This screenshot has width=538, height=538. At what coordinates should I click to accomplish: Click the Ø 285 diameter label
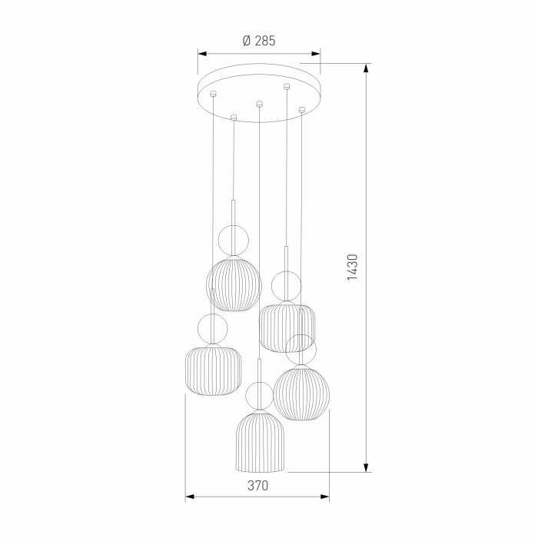pos(259,41)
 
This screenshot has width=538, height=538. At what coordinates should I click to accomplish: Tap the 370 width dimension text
pos(257,486)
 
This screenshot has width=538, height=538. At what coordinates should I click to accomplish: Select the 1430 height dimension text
pos(352,267)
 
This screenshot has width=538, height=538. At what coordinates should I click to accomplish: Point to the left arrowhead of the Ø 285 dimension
pos(202,54)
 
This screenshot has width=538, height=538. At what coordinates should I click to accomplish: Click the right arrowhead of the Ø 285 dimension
pos(316,54)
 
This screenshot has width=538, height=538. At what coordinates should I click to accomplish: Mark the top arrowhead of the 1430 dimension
pos(367,68)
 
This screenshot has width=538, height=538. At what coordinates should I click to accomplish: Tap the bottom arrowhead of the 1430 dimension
pos(367,467)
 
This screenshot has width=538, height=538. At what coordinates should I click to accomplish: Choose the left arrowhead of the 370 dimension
pos(190,496)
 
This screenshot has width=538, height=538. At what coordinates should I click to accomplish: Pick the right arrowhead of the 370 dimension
pos(325,496)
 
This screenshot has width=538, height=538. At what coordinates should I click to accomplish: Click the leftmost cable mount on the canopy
pos(213,93)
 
